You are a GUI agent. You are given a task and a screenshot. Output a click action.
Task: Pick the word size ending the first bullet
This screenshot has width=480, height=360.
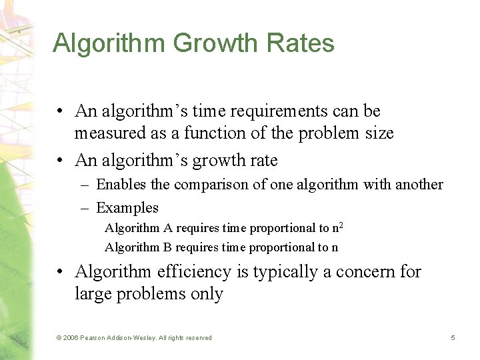[379, 133]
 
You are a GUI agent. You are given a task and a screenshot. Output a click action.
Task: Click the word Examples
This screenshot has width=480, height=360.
[127, 207]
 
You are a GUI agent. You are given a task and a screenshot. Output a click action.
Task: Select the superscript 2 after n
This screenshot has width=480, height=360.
[341, 225]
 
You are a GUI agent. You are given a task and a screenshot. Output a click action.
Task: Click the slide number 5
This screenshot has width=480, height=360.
[453, 338]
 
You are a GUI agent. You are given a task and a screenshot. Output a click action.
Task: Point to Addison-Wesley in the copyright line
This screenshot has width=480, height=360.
[134, 338]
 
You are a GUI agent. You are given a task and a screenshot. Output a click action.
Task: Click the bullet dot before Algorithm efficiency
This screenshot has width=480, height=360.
[60, 272]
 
